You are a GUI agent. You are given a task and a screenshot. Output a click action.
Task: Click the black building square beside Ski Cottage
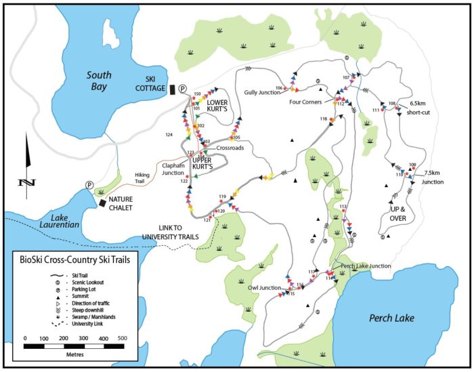[x=172, y=89]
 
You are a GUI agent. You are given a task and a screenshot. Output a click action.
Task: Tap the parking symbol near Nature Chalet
[x=89, y=185]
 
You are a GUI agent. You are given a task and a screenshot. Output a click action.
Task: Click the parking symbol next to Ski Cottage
[x=181, y=88]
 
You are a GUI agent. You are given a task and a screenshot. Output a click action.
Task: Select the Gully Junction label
[x=261, y=91]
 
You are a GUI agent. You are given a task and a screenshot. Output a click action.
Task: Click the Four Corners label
[x=305, y=103]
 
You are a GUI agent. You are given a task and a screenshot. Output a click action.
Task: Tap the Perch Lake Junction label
[x=366, y=266]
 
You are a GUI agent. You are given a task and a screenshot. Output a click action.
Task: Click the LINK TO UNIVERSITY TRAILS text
[x=179, y=231]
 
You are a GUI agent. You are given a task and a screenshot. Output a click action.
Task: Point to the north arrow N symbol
[x=26, y=182]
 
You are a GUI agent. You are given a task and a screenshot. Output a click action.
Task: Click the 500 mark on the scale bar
[x=123, y=337]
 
